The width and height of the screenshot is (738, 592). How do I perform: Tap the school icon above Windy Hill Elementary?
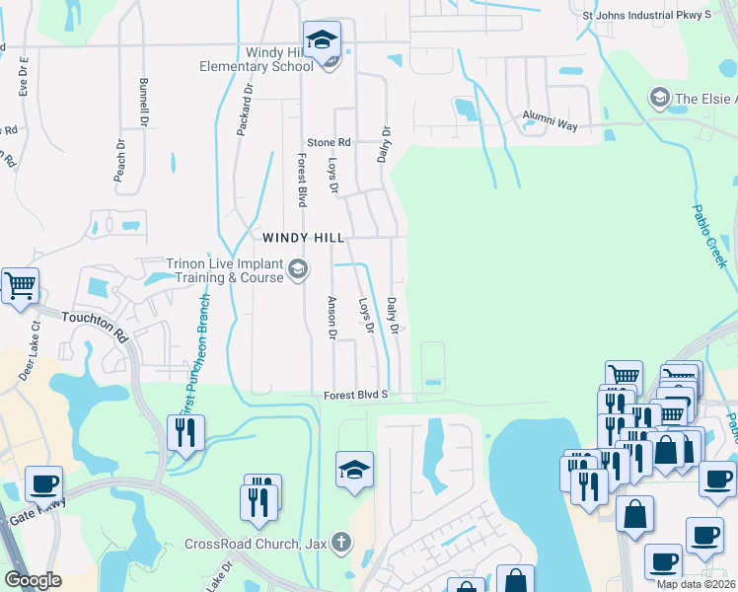[x=321, y=41]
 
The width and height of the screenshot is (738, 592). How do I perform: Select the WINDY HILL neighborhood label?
[x=303, y=238]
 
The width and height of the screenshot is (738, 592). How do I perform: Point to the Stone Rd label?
[x=329, y=142]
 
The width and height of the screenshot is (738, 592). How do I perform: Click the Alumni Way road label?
[x=550, y=115]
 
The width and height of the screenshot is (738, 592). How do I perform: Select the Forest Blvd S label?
[x=356, y=395]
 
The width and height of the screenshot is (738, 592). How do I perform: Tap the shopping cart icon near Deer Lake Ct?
[x=20, y=287]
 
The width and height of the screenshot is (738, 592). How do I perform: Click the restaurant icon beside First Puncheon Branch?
[x=185, y=433]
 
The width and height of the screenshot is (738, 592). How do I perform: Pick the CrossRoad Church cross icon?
[x=340, y=542]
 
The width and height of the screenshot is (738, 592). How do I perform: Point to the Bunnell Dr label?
[x=144, y=102]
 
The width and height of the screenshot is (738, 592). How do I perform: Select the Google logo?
[x=33, y=580]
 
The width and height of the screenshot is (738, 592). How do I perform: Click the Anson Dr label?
[x=332, y=319]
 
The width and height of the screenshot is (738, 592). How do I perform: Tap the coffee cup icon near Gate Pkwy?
[x=43, y=485]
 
